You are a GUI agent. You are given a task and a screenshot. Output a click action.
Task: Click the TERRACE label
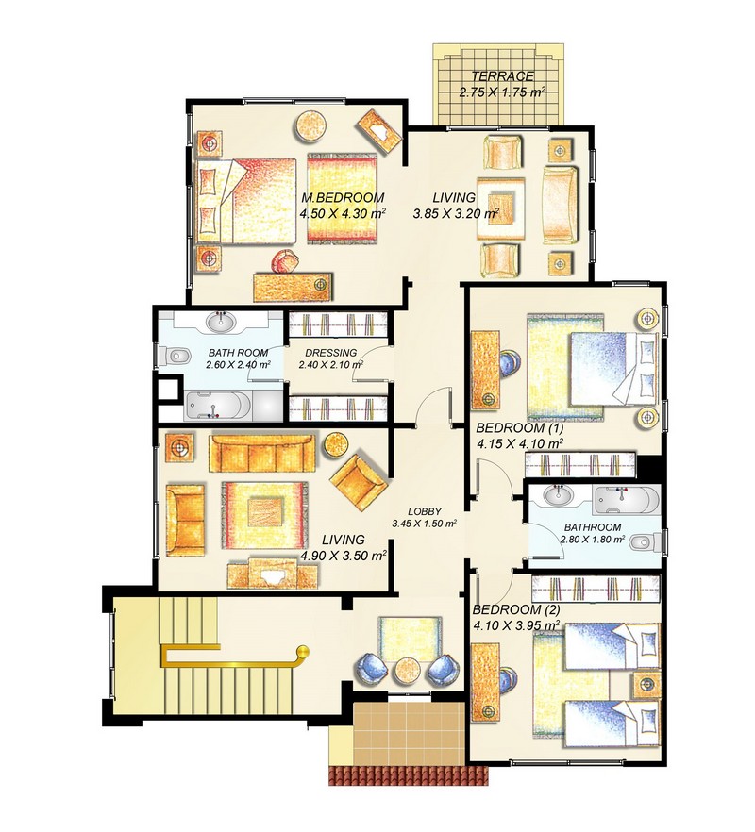coord(502,75)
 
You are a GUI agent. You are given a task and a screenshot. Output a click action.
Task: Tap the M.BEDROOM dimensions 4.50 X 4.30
coord(343,214)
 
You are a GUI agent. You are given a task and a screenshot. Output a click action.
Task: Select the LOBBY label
coord(425,512)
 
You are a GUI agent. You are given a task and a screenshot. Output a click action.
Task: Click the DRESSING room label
coord(330,353)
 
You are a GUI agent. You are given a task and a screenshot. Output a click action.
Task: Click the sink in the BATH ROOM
coord(222,321)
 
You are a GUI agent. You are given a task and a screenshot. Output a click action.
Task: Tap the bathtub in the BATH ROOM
coord(217,406)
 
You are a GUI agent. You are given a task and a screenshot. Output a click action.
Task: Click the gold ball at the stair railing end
coord(302,651)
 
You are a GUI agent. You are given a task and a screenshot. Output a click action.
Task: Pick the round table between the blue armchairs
coord(409,672)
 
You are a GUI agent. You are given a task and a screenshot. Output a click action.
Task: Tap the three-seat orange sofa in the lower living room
coord(262,454)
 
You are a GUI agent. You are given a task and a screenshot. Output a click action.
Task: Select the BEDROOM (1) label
coord(520,427)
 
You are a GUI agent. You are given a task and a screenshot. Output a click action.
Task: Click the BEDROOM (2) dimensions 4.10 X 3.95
coord(516,625)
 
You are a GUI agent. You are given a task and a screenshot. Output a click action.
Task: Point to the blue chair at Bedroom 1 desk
coord(510,366)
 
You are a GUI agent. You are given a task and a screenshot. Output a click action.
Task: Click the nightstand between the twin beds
coord(647,685)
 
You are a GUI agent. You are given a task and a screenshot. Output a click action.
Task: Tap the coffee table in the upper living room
coord(501,208)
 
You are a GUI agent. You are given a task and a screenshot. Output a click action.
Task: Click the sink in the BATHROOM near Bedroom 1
coord(559,496)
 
